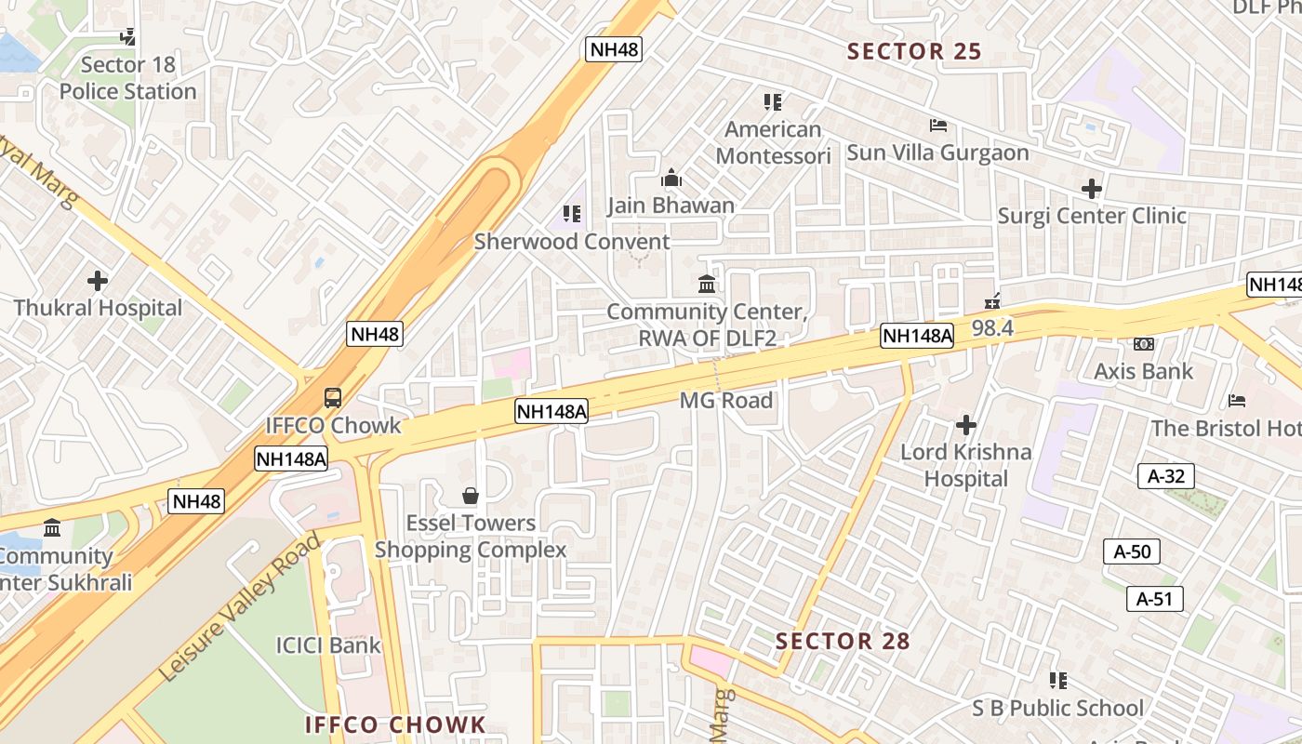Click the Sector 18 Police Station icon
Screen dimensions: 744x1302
(x=128, y=37)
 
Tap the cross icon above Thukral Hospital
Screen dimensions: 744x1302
(x=97, y=280)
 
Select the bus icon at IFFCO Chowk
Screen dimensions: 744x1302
(x=332, y=398)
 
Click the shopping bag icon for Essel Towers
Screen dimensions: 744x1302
(x=471, y=496)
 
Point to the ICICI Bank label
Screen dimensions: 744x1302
(x=328, y=644)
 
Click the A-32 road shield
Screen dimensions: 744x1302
(x=1165, y=476)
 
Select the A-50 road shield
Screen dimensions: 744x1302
(x=1132, y=551)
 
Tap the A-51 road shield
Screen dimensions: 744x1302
(x=1154, y=598)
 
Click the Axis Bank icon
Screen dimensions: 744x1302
(x=1143, y=344)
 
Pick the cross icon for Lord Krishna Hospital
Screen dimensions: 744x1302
(x=966, y=425)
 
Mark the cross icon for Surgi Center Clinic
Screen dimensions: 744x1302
(x=1091, y=189)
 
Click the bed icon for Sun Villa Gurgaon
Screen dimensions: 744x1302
(x=937, y=126)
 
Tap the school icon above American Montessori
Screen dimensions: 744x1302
(x=772, y=101)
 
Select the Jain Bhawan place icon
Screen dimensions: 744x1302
(x=671, y=178)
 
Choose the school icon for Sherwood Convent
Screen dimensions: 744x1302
(x=571, y=214)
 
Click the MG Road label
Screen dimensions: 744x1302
(x=725, y=400)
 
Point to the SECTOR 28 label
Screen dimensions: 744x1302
(x=843, y=641)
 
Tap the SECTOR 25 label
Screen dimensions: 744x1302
(x=914, y=51)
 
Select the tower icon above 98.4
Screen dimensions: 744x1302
(x=992, y=300)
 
